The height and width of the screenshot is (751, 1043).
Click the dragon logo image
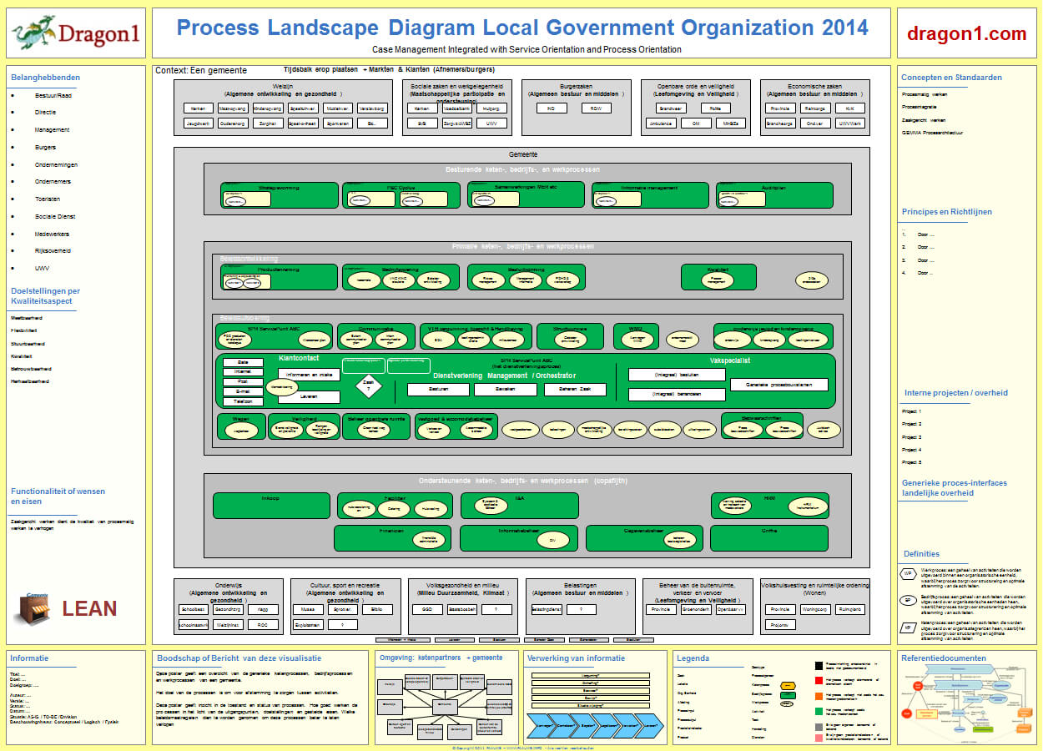point(33,34)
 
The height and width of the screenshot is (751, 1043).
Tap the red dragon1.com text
point(967,34)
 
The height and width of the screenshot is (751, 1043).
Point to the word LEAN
point(89,608)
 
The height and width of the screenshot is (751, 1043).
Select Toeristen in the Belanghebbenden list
point(48,199)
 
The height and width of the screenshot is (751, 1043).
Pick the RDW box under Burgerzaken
point(596,108)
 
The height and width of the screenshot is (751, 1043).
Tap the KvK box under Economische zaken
point(849,108)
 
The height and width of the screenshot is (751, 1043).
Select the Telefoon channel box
point(243,401)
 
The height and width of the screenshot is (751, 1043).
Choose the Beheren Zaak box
point(575,390)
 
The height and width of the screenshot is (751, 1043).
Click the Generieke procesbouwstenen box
point(778,385)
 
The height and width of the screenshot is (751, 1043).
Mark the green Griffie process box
point(769,537)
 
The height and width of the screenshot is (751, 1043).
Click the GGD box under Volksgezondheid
point(426,609)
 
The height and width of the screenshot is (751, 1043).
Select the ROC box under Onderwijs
point(263,624)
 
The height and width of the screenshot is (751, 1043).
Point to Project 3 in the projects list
point(911,436)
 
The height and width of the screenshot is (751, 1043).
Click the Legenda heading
point(693,658)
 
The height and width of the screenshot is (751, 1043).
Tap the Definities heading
point(921,554)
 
